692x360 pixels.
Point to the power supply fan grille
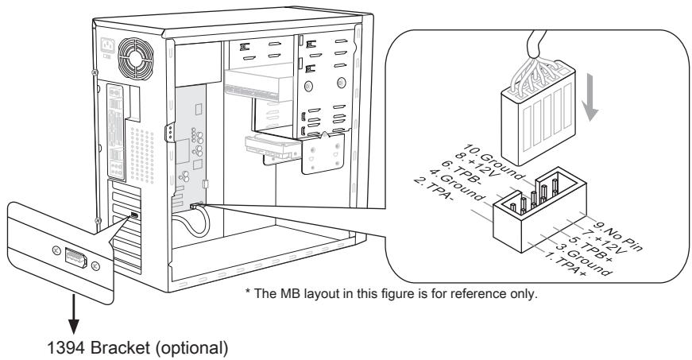[130, 56]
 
